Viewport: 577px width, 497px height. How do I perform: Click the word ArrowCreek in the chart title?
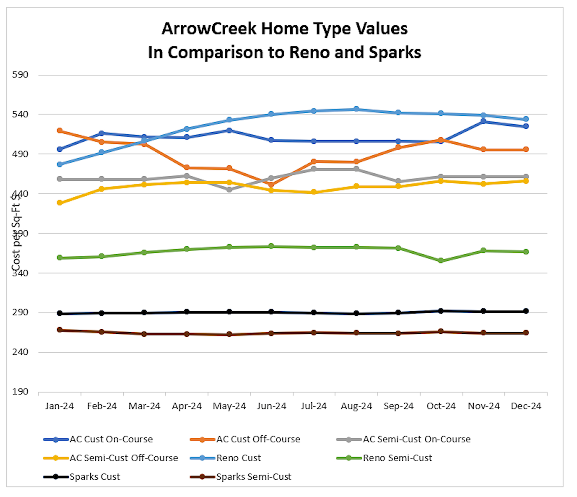click(209, 29)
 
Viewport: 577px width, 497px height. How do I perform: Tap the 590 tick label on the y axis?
click(20, 75)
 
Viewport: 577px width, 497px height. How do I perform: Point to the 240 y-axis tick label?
click(20, 352)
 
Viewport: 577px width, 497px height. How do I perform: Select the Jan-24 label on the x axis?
click(59, 406)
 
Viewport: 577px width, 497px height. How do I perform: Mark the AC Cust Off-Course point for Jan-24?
click(59, 131)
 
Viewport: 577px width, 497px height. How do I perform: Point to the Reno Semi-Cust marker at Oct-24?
click(441, 261)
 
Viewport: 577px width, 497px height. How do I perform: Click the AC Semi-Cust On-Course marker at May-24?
click(229, 190)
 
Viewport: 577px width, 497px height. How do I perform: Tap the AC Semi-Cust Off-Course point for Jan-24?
click(59, 203)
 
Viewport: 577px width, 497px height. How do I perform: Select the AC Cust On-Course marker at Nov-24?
click(483, 121)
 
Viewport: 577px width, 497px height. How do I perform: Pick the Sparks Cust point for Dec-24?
click(526, 311)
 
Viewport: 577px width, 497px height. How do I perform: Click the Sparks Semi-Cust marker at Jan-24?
click(59, 330)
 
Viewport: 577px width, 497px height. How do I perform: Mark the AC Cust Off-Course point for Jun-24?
click(272, 184)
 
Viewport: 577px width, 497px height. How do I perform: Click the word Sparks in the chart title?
click(395, 52)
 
